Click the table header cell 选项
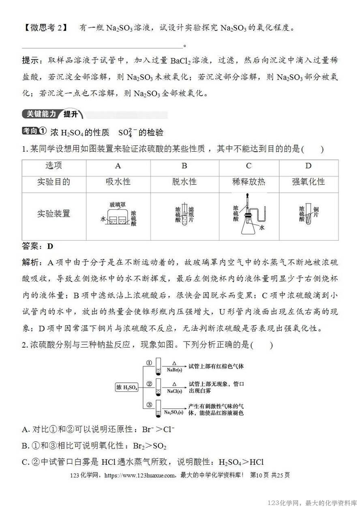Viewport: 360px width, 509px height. [x=54, y=166]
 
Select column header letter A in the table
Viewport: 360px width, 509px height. [x=118, y=166]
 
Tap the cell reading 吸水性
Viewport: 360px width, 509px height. [x=118, y=182]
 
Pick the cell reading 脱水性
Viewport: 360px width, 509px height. [x=184, y=182]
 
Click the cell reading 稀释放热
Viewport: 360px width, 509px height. [x=249, y=182]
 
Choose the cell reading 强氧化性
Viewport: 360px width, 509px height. [x=309, y=182]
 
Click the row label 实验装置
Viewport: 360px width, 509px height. [x=54, y=214]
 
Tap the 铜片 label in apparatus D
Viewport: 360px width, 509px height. [x=316, y=212]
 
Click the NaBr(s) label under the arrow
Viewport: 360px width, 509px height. [x=174, y=369]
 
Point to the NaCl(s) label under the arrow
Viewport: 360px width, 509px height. [x=174, y=391]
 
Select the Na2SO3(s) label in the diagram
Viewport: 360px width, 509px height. [x=173, y=412]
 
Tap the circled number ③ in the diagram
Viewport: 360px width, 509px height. [x=149, y=404]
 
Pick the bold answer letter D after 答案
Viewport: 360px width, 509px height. [x=50, y=246]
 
